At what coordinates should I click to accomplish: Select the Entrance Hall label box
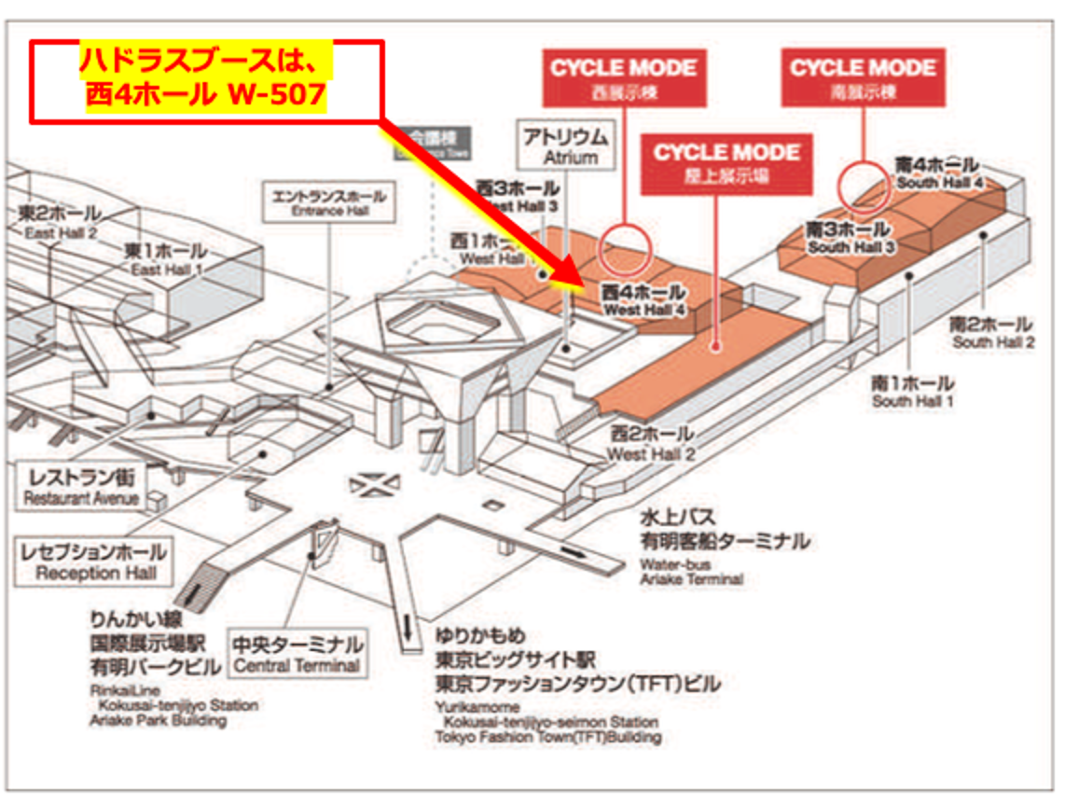click(x=325, y=203)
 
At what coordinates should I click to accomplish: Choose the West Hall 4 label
click(x=644, y=300)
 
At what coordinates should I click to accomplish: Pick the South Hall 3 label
click(x=851, y=238)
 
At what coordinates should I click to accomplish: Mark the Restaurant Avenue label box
click(x=81, y=487)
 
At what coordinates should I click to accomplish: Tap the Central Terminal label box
click(x=297, y=654)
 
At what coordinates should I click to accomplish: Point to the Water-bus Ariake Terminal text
click(x=691, y=572)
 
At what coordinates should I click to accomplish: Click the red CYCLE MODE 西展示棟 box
click(x=624, y=77)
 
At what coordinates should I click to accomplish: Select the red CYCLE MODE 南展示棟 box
click(x=863, y=77)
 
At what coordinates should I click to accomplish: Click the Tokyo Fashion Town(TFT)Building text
click(x=547, y=737)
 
